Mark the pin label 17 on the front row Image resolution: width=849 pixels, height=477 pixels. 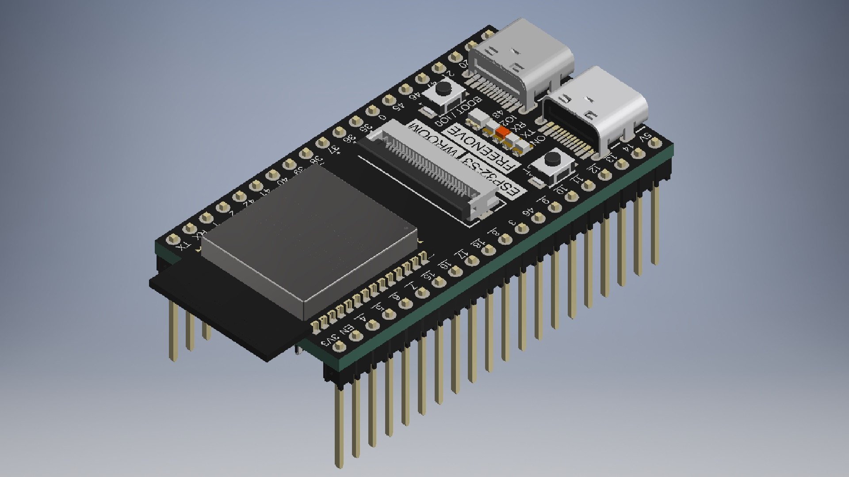(x=463, y=254)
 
